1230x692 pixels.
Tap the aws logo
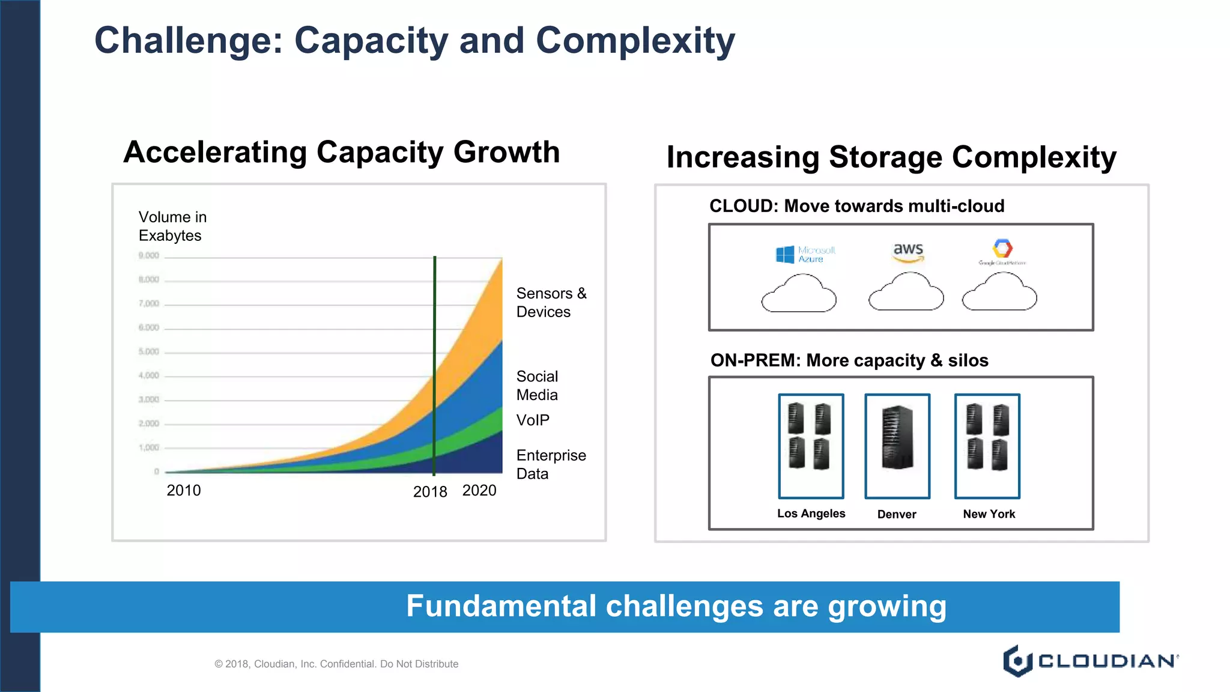click(908, 252)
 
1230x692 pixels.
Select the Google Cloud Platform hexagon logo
click(1002, 248)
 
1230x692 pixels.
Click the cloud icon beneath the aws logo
click(906, 293)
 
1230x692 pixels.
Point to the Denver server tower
click(897, 437)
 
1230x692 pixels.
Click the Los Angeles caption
click(811, 514)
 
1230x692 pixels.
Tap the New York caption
click(989, 514)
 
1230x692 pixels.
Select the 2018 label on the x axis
click(430, 492)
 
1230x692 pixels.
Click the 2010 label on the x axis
click(184, 491)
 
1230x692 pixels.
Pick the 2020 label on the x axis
click(479, 491)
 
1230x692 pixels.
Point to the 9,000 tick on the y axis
click(149, 256)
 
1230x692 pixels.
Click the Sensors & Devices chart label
click(551, 303)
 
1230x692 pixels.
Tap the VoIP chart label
click(533, 420)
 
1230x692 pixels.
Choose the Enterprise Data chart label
click(550, 464)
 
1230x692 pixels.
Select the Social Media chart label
click(537, 386)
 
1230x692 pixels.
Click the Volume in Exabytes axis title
click(172, 226)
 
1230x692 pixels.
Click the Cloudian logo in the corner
click(1090, 661)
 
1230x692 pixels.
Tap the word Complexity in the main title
click(635, 41)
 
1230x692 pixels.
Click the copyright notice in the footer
click(336, 664)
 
